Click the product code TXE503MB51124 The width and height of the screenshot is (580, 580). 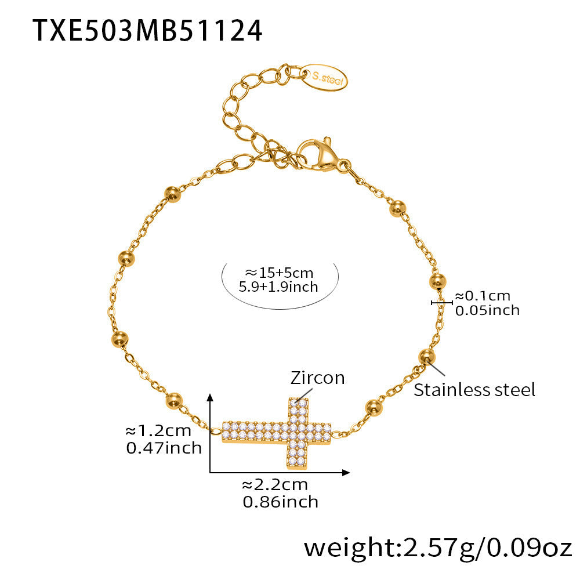pyautogui.click(x=147, y=30)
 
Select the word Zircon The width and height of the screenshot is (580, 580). pyautogui.click(x=317, y=378)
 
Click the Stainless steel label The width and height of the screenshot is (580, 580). pyautogui.click(x=474, y=390)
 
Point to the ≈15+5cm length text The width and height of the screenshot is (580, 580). pyautogui.click(x=278, y=272)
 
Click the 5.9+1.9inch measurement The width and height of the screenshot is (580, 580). pyautogui.click(x=278, y=287)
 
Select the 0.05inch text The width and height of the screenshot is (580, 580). pyautogui.click(x=487, y=310)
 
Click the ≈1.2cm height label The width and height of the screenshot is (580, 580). pyautogui.click(x=158, y=431)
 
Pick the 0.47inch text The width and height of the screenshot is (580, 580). pyautogui.click(x=164, y=448)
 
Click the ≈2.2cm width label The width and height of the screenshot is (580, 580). pyautogui.click(x=275, y=485)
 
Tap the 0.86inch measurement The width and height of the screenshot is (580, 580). pyautogui.click(x=281, y=501)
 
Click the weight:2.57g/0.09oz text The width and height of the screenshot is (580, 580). pyautogui.click(x=438, y=547)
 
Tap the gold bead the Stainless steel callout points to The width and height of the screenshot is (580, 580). pyautogui.click(x=427, y=357)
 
